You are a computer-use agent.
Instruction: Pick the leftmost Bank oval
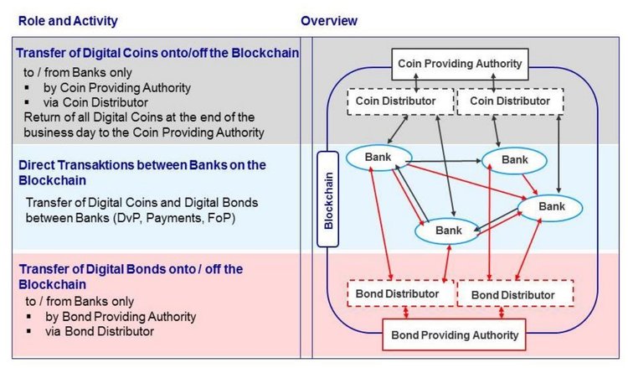point(378,157)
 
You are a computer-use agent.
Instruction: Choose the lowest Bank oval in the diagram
point(448,231)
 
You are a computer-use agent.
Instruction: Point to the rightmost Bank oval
point(551,205)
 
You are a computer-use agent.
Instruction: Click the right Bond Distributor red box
point(512,294)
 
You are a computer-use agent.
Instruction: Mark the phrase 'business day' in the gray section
point(59,132)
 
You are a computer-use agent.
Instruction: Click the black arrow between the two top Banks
point(444,158)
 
